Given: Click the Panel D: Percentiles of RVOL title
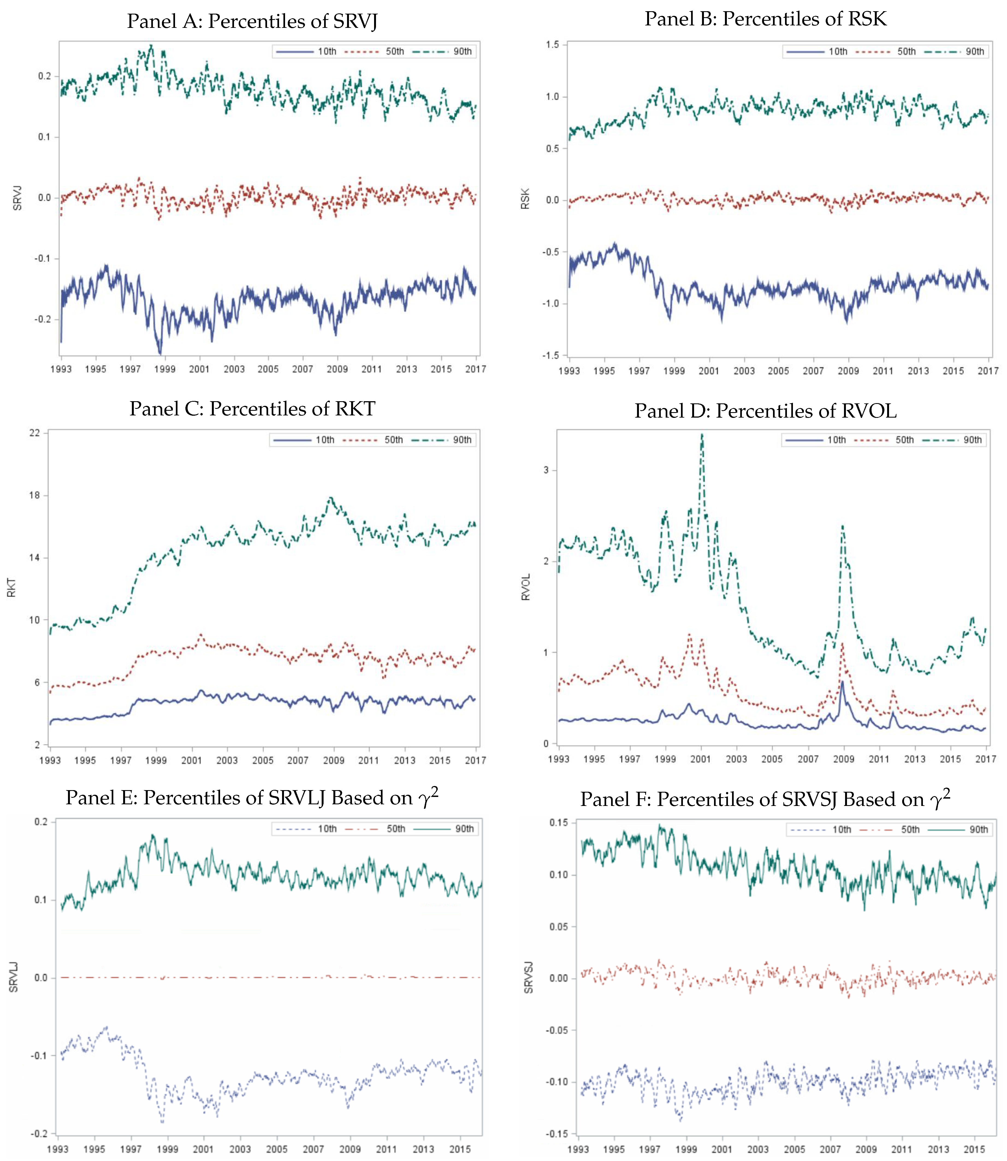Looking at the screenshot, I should [765, 411].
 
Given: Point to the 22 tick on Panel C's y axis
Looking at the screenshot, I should [35, 433].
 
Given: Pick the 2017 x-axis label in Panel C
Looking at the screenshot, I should [475, 760].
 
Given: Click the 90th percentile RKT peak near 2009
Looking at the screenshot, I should [331, 498].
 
